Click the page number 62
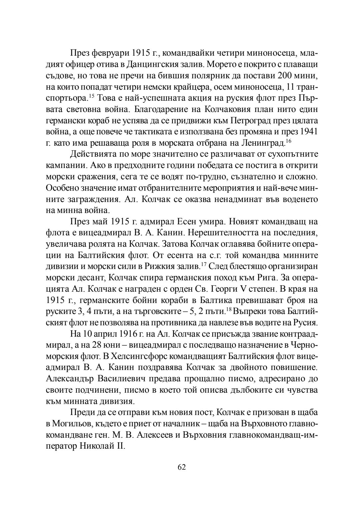(182, 467)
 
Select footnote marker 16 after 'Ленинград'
(289, 141)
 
